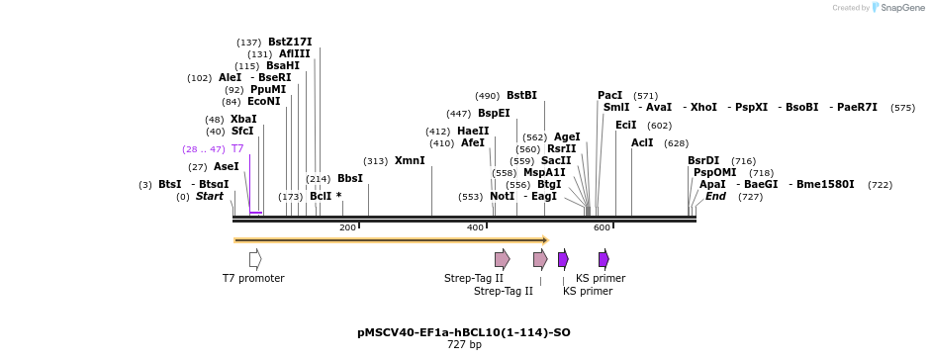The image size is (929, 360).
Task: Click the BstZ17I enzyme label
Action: (x=290, y=42)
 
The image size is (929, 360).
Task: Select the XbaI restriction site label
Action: (x=243, y=119)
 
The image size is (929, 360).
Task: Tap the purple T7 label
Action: (x=237, y=148)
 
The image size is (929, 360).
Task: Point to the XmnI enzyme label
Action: (x=410, y=160)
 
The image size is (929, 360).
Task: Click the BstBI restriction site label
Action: (x=521, y=96)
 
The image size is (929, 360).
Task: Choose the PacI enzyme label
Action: (x=610, y=96)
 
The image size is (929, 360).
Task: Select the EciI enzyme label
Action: (x=626, y=126)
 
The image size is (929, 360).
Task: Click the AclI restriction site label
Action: (x=642, y=142)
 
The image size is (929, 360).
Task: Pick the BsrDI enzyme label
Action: (x=703, y=160)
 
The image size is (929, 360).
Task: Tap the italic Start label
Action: (x=210, y=196)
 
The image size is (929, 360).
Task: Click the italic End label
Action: (x=716, y=196)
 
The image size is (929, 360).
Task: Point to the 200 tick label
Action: (x=347, y=227)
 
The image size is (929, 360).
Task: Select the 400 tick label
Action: (x=475, y=227)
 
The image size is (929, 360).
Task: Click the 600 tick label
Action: (x=602, y=227)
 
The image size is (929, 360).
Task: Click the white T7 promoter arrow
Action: (x=255, y=259)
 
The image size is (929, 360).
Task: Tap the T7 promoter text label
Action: (x=253, y=278)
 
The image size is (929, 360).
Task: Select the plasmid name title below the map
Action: (x=464, y=332)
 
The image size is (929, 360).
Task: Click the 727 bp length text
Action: (x=464, y=344)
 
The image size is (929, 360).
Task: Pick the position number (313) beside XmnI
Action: (x=376, y=161)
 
